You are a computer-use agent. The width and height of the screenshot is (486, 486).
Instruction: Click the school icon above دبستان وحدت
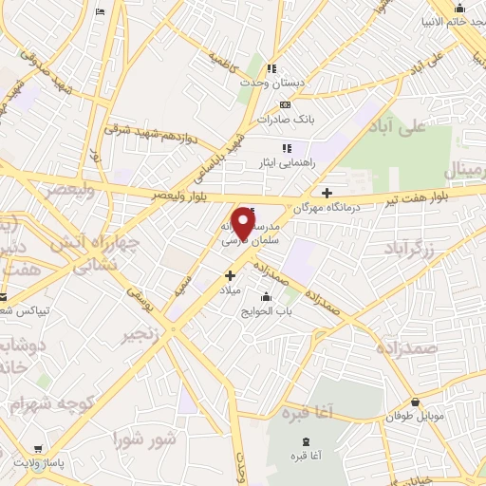tap(271, 68)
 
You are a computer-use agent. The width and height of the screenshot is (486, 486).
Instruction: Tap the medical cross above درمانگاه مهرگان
tap(327, 192)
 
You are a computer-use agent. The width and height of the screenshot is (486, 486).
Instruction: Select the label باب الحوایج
tap(269, 310)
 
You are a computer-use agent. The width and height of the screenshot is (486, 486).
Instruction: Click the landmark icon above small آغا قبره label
tap(305, 443)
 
